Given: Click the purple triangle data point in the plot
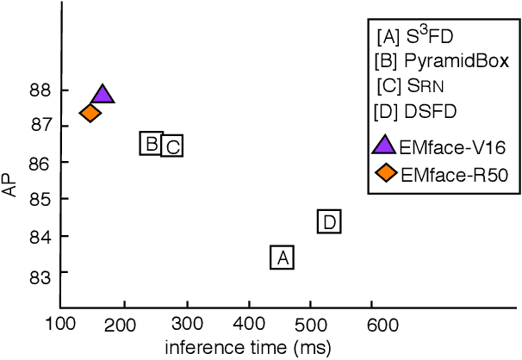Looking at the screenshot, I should click(103, 96).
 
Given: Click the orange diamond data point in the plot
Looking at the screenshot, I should click(90, 113).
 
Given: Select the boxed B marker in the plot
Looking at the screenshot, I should click(151, 144).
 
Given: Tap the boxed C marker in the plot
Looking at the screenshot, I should click(172, 146).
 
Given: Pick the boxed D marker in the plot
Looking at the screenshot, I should click(329, 222).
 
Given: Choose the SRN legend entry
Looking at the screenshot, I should click(408, 86).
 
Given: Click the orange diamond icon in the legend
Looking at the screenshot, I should click(386, 173).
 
